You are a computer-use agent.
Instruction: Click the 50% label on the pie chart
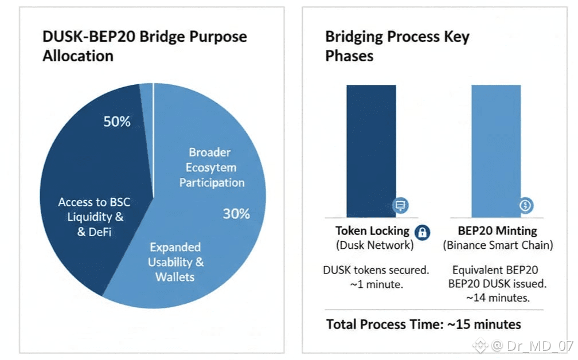[117, 122]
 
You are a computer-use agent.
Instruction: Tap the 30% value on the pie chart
[236, 214]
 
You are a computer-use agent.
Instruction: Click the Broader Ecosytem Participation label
[211, 167]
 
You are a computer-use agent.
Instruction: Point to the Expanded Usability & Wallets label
[175, 262]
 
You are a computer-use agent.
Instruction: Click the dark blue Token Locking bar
[371, 151]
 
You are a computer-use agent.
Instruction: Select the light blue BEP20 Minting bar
[496, 151]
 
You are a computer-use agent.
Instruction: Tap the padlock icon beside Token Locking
[423, 233]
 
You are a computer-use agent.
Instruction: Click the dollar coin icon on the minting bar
[526, 205]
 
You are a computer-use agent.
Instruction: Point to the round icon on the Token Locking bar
[400, 205]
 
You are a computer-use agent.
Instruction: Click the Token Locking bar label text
[372, 231]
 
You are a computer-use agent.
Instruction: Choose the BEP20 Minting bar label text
[497, 231]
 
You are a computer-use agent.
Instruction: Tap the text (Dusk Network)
[375, 245]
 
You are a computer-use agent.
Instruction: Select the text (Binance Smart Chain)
[498, 245]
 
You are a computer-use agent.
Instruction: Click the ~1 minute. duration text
[376, 284]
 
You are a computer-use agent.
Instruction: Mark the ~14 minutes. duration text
[498, 298]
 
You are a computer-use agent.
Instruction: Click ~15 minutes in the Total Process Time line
[484, 324]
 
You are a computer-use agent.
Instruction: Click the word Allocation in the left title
[78, 56]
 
